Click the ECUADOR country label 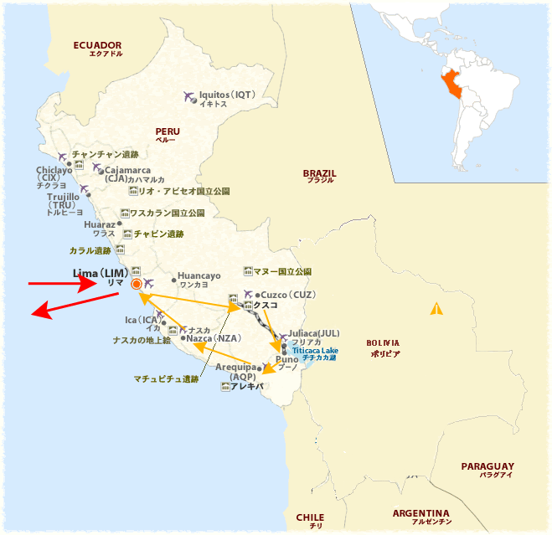[x=97, y=45]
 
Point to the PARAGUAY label [x=487, y=466]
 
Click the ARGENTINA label [x=421, y=513]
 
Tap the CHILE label [x=310, y=517]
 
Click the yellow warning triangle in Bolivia [x=436, y=309]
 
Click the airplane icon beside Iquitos [x=188, y=96]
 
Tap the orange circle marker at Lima [x=137, y=285]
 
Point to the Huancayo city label [x=199, y=276]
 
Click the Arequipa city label [x=240, y=368]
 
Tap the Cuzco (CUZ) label [x=288, y=295]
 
